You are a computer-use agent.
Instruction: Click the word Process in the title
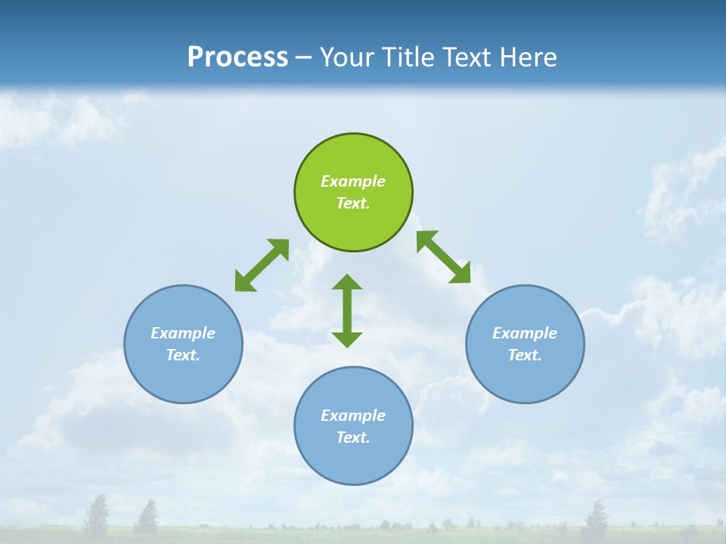point(237,57)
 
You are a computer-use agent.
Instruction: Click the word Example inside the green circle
point(353,181)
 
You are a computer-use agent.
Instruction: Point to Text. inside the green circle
point(353,203)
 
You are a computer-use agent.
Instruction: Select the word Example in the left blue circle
point(183,333)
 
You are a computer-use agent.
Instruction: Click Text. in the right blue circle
point(525,355)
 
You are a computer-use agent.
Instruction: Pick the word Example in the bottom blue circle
point(353,416)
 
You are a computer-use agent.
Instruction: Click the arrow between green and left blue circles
point(262,265)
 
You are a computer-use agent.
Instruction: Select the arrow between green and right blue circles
point(443,258)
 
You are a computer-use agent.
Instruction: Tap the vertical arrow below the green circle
point(347,311)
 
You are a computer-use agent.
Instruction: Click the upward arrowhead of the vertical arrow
point(347,283)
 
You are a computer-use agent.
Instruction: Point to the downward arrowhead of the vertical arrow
point(347,339)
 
